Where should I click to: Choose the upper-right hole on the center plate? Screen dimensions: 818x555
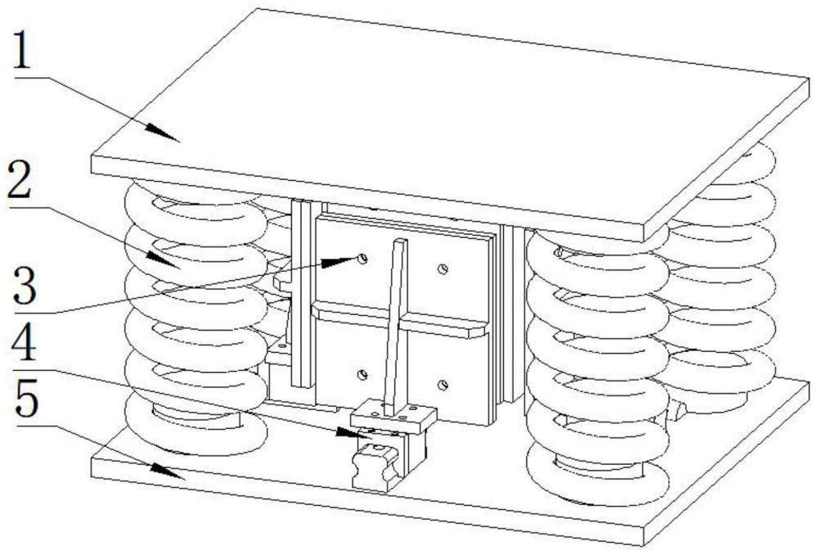[x=442, y=268]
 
